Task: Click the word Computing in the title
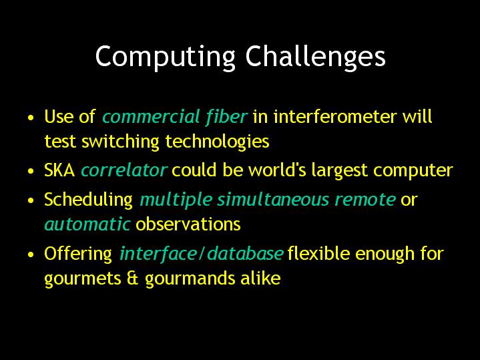(166, 57)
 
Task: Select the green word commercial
(152, 117)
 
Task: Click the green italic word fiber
(226, 117)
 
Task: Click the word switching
(120, 142)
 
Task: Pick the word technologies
(217, 142)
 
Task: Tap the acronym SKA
(59, 170)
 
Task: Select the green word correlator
(124, 170)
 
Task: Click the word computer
(413, 171)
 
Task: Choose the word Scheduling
(89, 200)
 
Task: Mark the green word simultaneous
(273, 200)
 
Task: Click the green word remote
(365, 200)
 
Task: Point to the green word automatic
(87, 224)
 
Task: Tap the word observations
(188, 224)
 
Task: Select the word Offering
(78, 254)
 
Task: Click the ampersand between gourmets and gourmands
(133, 279)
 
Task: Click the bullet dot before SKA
(31, 171)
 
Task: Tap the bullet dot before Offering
(31, 254)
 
